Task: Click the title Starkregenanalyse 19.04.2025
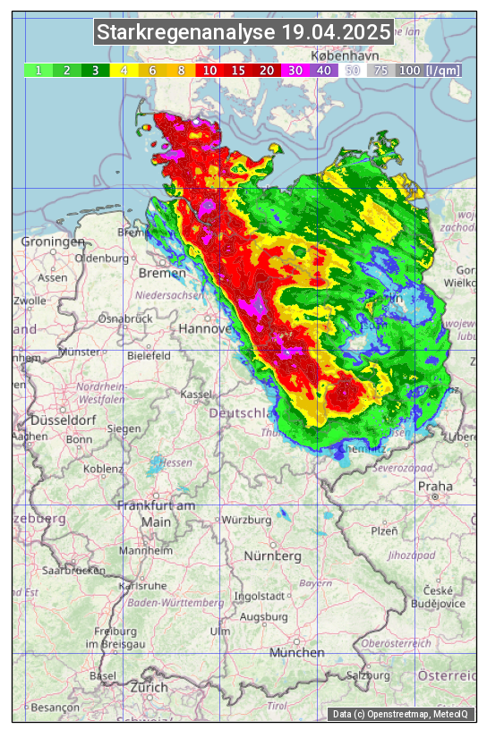tap(243, 33)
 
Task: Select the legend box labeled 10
tap(209, 70)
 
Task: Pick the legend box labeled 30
tap(295, 70)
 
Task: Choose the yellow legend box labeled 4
tap(124, 70)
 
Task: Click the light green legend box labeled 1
tap(38, 70)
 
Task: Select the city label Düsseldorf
tap(63, 420)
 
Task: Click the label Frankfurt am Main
tap(156, 513)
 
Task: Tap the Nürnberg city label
tap(273, 556)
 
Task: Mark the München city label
tap(296, 652)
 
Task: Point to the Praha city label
tap(435, 486)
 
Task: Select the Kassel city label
tap(195, 394)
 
